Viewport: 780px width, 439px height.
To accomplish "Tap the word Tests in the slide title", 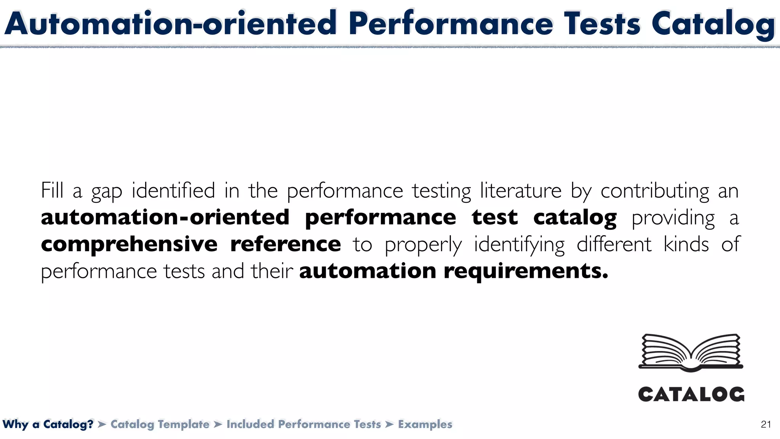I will click(602, 24).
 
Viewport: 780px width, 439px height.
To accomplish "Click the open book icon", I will click(691, 352).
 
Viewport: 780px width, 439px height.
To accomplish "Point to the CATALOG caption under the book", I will click(691, 394).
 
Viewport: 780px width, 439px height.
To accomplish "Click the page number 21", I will click(766, 425).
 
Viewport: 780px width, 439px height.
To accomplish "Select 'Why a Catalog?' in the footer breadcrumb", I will click(48, 424).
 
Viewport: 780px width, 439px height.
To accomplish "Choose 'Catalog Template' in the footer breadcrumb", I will click(160, 424).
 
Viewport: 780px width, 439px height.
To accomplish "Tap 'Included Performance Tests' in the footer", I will click(304, 424).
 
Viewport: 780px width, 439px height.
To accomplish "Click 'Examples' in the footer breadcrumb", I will click(425, 424).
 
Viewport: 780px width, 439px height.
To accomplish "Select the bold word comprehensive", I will click(129, 245).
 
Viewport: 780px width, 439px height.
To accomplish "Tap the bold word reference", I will click(286, 244).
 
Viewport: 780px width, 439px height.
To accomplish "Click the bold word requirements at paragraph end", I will click(526, 272).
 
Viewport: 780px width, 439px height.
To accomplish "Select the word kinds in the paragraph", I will click(686, 244).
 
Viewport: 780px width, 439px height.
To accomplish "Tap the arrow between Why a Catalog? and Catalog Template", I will click(102, 424).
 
